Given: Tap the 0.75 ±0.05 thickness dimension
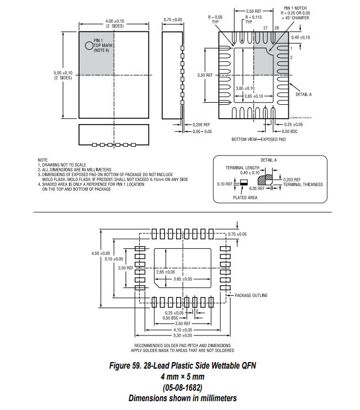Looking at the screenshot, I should pyautogui.click(x=173, y=20).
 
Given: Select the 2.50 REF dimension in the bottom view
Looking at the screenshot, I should pyautogui.click(x=253, y=11).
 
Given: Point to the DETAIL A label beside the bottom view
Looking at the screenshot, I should pyautogui.click(x=304, y=94).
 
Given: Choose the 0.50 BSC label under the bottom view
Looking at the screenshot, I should pyautogui.click(x=290, y=131).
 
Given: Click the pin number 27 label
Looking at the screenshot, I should pyautogui.click(x=265, y=27).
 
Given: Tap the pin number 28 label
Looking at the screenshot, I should pyautogui.click(x=276, y=27).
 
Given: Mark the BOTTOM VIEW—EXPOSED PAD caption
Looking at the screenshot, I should pyautogui.click(x=258, y=140).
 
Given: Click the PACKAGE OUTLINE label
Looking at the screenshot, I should pyautogui.click(x=251, y=295).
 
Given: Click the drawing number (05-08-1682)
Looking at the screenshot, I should pyautogui.click(x=182, y=387).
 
